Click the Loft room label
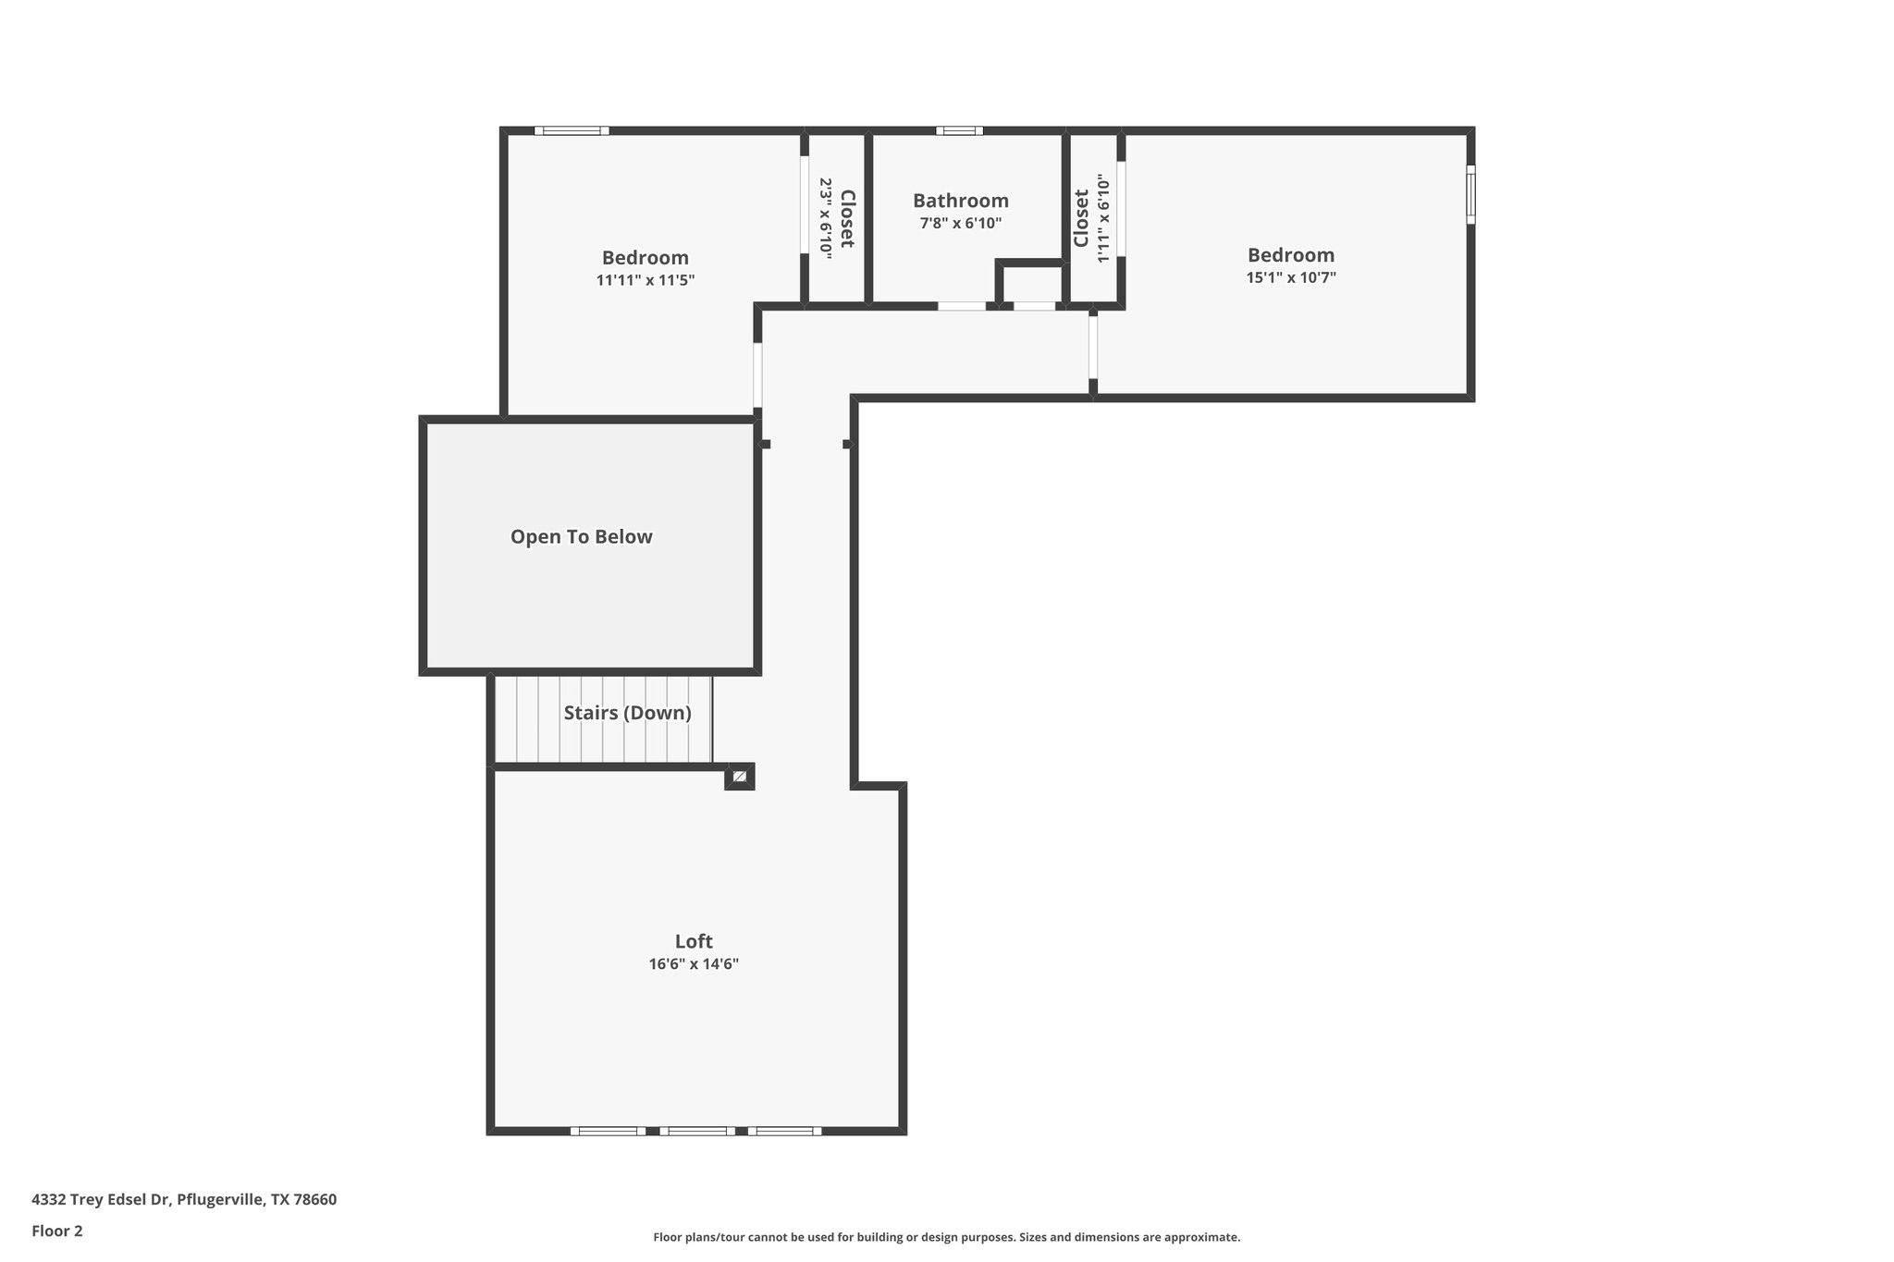[693, 941]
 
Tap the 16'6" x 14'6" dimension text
[693, 964]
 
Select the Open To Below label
[581, 537]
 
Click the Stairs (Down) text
[627, 713]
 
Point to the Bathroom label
[960, 201]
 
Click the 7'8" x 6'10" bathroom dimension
[960, 224]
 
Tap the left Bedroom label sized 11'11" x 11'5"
[645, 258]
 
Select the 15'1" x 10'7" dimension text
[1290, 277]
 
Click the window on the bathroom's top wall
[959, 131]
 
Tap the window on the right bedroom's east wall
[1470, 194]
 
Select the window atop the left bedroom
[572, 131]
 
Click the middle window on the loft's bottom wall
[697, 1131]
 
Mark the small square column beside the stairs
[740, 777]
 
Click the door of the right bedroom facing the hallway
[1092, 347]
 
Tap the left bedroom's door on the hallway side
[757, 375]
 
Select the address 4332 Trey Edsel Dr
[183, 1199]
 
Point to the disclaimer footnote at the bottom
[946, 1237]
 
